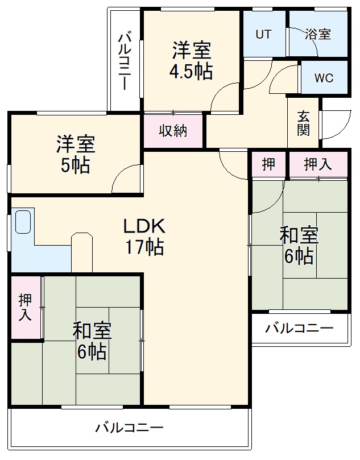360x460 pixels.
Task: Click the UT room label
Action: (263, 34)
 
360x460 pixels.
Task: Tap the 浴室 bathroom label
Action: (317, 34)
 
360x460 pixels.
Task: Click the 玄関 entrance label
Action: (304, 123)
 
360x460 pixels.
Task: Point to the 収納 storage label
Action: (173, 131)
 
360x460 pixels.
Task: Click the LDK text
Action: (144, 226)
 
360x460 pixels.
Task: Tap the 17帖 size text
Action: (144, 247)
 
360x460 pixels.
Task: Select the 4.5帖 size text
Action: (191, 72)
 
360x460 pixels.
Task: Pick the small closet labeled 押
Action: (268, 164)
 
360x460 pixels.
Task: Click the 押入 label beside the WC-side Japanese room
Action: (317, 164)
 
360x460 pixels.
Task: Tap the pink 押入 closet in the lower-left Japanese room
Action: (26, 308)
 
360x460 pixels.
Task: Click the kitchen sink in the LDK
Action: (23, 222)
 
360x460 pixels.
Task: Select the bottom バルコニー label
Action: (129, 427)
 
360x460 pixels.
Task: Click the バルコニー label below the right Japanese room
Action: (299, 329)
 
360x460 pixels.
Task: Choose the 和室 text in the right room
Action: (299, 235)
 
